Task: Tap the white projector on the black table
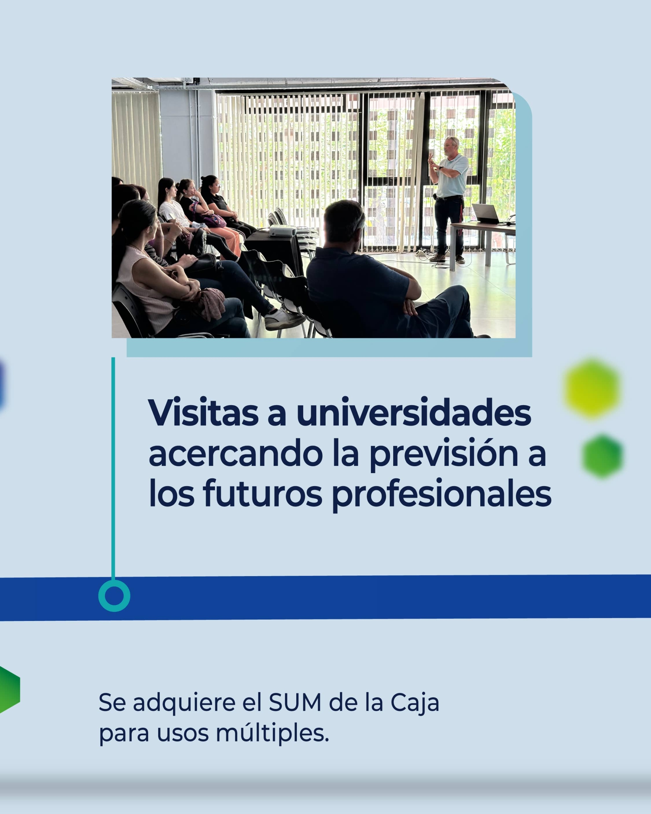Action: pyautogui.click(x=283, y=230)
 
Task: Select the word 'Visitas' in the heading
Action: pyautogui.click(x=203, y=412)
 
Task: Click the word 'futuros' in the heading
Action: pyautogui.click(x=263, y=493)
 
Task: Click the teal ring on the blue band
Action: pyautogui.click(x=114, y=596)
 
